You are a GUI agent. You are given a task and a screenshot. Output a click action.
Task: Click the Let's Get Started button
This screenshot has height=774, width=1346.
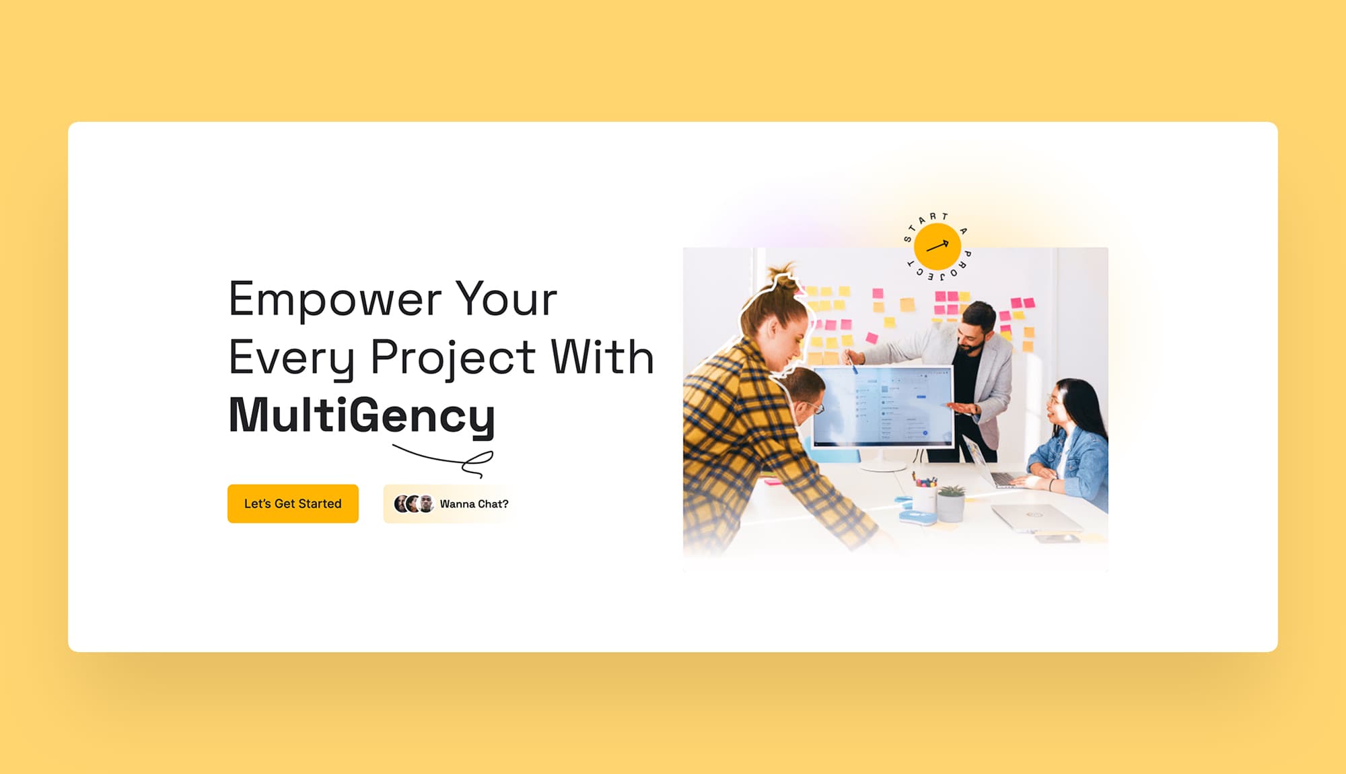(x=293, y=503)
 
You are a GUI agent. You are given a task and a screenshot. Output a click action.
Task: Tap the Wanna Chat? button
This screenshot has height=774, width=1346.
(x=450, y=503)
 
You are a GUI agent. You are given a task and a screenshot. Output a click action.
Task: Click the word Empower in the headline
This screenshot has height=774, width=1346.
(x=335, y=300)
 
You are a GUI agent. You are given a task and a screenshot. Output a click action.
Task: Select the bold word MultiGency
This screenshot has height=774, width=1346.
(x=362, y=416)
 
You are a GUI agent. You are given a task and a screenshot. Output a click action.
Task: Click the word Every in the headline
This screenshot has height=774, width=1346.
(x=291, y=358)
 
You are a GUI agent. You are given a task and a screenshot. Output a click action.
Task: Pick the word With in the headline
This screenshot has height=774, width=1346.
(x=602, y=357)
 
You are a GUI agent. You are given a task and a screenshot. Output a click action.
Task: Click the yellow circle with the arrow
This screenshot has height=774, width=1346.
(x=937, y=246)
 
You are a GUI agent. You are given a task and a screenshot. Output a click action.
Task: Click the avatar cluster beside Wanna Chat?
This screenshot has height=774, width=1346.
(x=414, y=503)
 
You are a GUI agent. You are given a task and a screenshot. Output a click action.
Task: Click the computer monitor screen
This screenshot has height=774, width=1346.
(x=882, y=407)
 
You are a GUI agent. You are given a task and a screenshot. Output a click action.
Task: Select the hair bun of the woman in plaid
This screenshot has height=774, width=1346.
(x=783, y=277)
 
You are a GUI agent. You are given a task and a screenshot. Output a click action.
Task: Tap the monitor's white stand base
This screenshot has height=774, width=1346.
(x=883, y=465)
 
